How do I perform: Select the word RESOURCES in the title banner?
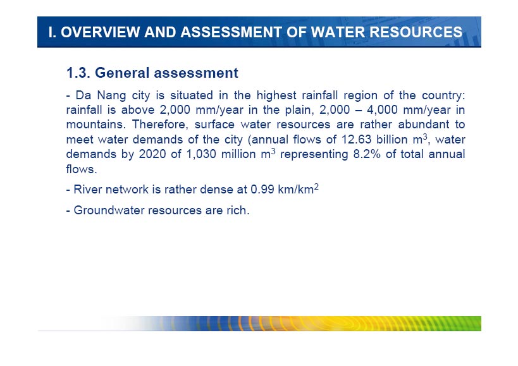(416, 32)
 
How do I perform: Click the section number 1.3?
(78, 73)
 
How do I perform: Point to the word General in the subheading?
(122, 73)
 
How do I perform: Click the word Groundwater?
(109, 210)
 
